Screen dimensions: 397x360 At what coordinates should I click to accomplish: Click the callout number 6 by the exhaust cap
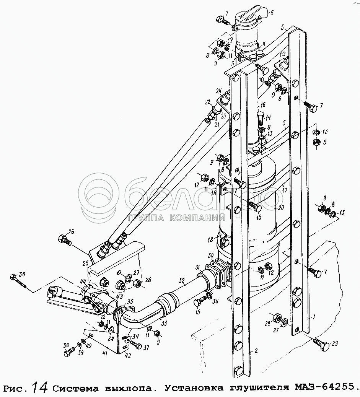pos(272,13)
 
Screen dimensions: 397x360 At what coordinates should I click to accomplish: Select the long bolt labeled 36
pos(17,281)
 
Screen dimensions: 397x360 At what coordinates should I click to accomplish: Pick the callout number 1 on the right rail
pos(314,317)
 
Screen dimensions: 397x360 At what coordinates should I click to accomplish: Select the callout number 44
pos(83,281)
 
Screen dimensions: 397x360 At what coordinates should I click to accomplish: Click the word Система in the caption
pos(75,388)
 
